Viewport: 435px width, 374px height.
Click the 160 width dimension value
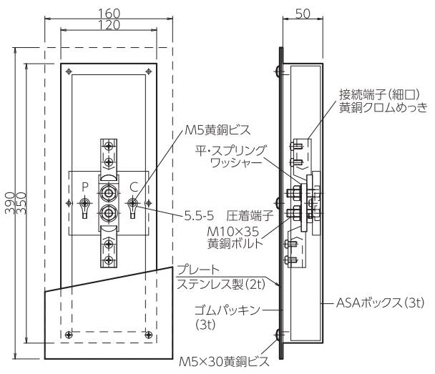(109, 13)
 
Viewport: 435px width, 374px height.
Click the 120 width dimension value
(109, 25)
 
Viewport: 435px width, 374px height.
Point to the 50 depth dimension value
(303, 14)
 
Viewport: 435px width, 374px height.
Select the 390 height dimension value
(10, 202)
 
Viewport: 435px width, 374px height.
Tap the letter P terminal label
(85, 187)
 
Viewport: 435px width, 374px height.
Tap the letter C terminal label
(134, 187)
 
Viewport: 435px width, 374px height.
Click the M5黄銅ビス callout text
(217, 129)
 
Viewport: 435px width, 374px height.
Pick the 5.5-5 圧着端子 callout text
(229, 216)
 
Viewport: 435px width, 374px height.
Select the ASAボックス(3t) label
(380, 302)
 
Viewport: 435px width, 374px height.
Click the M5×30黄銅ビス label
(224, 361)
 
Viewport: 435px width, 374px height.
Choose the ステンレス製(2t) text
(221, 284)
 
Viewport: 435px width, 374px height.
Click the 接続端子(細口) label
(379, 94)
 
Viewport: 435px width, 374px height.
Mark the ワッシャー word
(236, 162)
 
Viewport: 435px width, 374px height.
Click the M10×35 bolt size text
(233, 231)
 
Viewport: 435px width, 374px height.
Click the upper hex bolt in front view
(108, 192)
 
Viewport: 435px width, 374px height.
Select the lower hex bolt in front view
(108, 213)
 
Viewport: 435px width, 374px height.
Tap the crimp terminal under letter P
(85, 207)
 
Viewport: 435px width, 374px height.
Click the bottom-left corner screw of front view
(68, 335)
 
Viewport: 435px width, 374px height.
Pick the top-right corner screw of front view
(149, 72)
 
